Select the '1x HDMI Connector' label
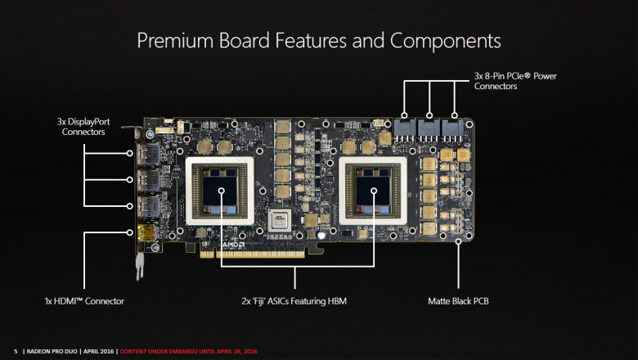coord(84,302)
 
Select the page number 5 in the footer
coord(16,351)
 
